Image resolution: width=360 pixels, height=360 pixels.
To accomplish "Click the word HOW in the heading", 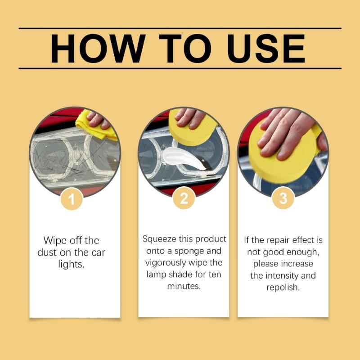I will coord(92,48).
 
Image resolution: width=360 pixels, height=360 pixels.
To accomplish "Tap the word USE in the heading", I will coord(266,48).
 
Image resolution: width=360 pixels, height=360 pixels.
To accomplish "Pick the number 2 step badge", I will coord(184,198).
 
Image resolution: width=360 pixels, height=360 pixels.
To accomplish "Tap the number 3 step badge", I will coord(283,198).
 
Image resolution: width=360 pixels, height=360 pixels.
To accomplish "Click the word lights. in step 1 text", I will coord(71,264).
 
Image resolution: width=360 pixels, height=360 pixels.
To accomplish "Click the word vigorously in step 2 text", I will coord(166,263).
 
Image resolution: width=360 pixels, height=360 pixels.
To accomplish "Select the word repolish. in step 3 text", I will coord(283,287).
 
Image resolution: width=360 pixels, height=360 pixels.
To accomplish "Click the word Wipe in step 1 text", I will coord(54,240).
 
